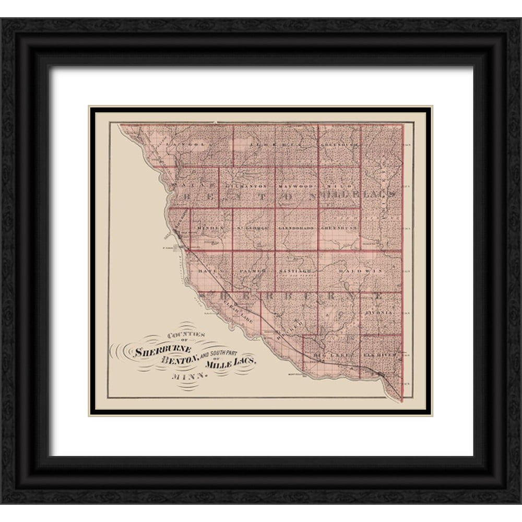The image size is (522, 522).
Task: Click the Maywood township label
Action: click(x=296, y=186)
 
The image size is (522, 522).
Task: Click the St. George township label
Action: click(x=253, y=229)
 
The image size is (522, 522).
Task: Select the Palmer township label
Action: click(x=253, y=272)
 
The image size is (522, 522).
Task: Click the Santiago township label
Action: click(x=296, y=271)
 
